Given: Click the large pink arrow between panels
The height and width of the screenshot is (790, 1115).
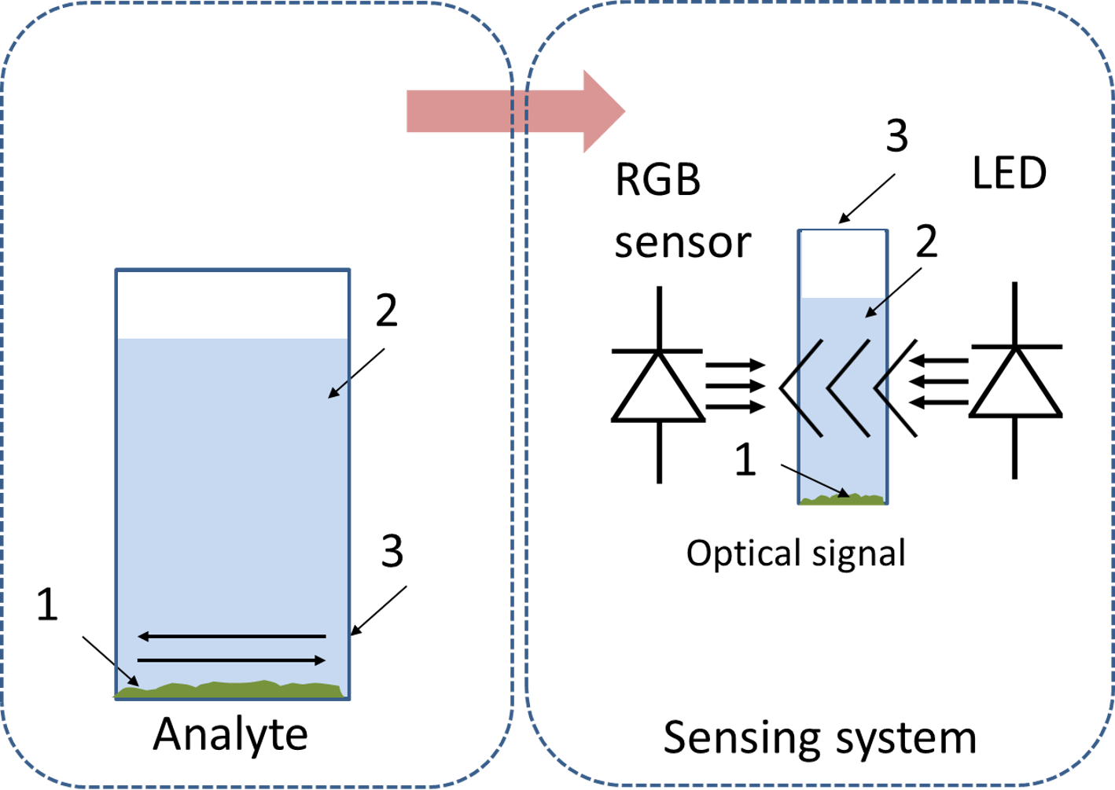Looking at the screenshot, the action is [x=516, y=112].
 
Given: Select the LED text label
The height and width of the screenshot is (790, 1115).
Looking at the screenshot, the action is [x=1010, y=173].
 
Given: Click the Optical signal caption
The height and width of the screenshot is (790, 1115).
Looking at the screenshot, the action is [x=796, y=554].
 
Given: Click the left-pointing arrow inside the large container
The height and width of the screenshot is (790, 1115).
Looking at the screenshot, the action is [x=231, y=636].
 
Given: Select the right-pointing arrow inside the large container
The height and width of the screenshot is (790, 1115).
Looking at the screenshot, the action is [x=231, y=660].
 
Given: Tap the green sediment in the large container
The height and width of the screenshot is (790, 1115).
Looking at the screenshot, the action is [x=229, y=690].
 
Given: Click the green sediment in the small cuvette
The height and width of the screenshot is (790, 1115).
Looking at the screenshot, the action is [x=842, y=499].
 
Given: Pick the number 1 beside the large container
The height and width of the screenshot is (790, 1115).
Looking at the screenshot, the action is [x=48, y=604].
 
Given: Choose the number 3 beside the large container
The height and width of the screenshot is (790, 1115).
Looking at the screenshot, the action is [x=392, y=551].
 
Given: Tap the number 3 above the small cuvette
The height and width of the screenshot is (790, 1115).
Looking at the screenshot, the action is [x=897, y=135].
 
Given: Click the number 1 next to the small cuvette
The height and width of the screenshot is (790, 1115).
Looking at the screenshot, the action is [x=745, y=459].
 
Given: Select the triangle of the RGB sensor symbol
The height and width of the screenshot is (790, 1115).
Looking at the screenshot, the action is [x=658, y=386].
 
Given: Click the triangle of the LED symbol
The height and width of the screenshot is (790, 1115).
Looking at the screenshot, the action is [x=1015, y=381].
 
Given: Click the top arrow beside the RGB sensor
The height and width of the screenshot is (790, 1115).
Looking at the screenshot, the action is [x=735, y=365].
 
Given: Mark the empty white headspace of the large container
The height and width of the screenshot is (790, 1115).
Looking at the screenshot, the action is [x=233, y=305].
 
